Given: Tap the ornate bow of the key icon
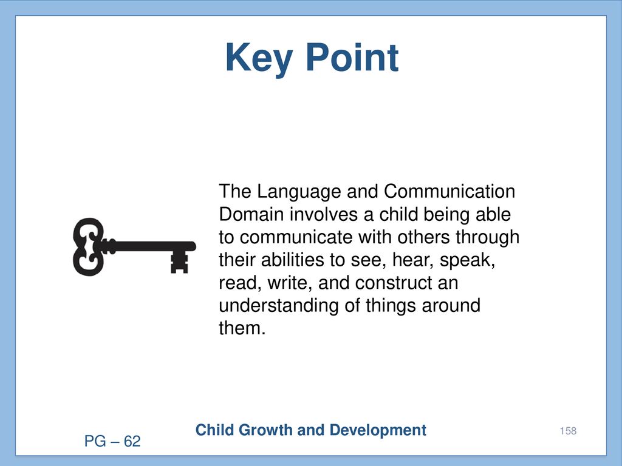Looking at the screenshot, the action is click(x=88, y=247).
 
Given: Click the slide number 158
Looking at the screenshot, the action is click(x=568, y=431).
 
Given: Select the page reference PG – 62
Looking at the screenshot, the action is click(x=112, y=441).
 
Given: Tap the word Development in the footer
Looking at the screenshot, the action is click(x=378, y=431).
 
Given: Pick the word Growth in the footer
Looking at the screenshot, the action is click(x=266, y=430).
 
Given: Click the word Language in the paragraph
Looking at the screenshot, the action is click(x=299, y=192).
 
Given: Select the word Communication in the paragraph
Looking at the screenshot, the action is click(x=449, y=191).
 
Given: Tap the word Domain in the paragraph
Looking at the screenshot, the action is click(x=251, y=214).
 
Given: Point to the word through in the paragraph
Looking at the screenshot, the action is click(x=488, y=238).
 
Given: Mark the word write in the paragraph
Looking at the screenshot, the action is click(x=290, y=283).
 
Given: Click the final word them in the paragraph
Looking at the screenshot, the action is click(x=242, y=328).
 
